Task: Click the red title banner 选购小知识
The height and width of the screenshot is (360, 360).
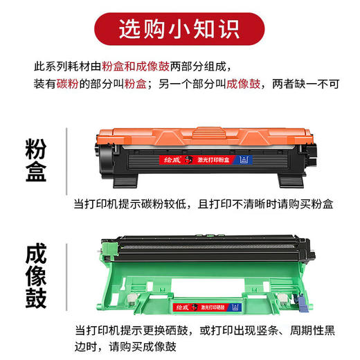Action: pyautogui.click(x=179, y=28)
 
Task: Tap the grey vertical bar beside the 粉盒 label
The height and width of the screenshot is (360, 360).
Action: pyautogui.click(x=67, y=160)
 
